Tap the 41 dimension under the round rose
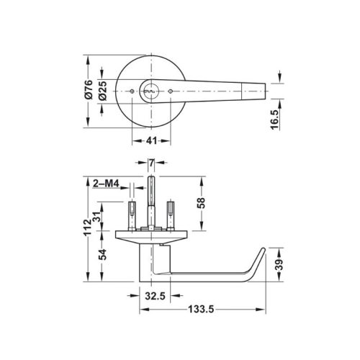(151, 140)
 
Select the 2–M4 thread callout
(106, 184)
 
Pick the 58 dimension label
(201, 204)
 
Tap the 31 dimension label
(103, 215)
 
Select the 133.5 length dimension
(204, 312)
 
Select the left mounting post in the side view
(132, 213)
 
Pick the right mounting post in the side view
(171, 213)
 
